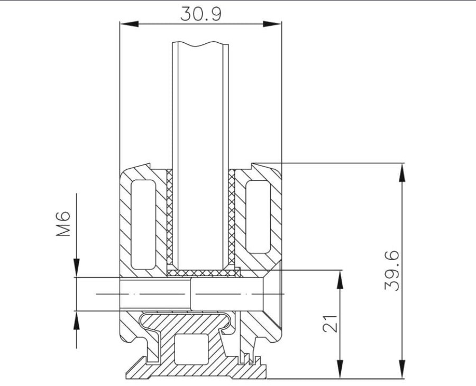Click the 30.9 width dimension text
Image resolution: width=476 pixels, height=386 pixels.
click(x=200, y=14)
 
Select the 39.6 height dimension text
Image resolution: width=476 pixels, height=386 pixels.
click(x=391, y=271)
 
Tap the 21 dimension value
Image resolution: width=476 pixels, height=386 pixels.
click(x=330, y=324)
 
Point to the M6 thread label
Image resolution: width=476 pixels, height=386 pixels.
click(x=63, y=224)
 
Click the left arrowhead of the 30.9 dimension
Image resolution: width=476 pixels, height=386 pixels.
click(x=130, y=24)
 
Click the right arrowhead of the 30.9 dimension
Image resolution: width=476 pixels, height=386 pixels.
click(x=272, y=24)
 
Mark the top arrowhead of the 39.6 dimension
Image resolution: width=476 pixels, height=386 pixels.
click(x=402, y=172)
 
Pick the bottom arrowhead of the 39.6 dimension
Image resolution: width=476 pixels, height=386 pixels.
click(x=402, y=369)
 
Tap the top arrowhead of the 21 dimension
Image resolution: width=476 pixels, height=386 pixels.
click(x=340, y=279)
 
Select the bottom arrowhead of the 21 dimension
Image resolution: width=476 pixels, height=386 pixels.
click(x=340, y=369)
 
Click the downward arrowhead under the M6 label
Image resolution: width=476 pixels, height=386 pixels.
click(x=77, y=268)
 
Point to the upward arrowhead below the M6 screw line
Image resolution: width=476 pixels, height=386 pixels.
click(x=77, y=320)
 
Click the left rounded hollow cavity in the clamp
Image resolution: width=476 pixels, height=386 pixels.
click(x=143, y=225)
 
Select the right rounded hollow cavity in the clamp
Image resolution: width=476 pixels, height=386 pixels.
click(x=258, y=217)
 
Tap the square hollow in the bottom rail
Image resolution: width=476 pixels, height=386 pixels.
click(x=192, y=349)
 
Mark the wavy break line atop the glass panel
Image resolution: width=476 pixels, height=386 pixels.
click(x=200, y=44)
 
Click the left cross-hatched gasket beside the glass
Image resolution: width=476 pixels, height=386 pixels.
click(x=170, y=220)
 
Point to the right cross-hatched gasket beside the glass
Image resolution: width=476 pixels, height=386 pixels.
click(x=232, y=220)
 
